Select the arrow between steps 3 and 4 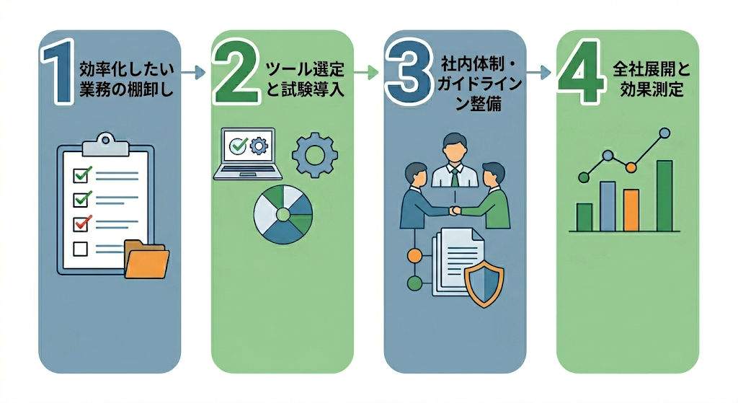click(x=538, y=72)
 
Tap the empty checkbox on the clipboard click(x=81, y=249)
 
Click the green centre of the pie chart click(x=283, y=215)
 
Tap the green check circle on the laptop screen click(x=236, y=146)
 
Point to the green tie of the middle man click(x=454, y=177)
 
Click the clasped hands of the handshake click(x=454, y=211)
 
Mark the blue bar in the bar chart click(x=608, y=205)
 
